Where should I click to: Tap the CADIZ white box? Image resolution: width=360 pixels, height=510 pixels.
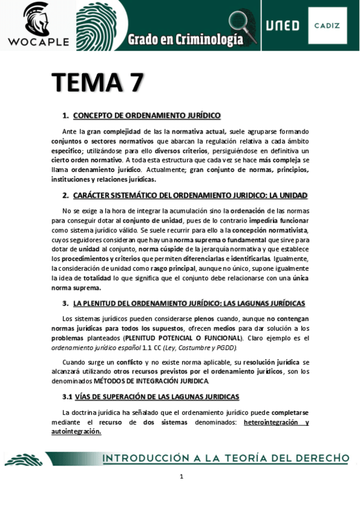pyautogui.click(x=327, y=25)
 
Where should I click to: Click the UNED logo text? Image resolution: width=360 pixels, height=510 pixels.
pyautogui.click(x=282, y=26)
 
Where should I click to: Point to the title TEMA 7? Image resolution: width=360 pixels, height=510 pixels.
pyautogui.click(x=96, y=83)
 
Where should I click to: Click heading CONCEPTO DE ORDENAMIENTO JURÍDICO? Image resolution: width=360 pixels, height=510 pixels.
pyautogui.click(x=147, y=115)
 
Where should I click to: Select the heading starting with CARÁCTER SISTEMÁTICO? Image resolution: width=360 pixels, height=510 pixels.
pyautogui.click(x=190, y=195)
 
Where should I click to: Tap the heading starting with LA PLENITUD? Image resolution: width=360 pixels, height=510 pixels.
pyautogui.click(x=189, y=303)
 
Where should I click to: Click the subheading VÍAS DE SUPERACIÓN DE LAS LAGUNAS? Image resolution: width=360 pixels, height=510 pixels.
pyautogui.click(x=157, y=396)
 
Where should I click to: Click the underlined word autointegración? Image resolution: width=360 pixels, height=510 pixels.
pyautogui.click(x=76, y=431)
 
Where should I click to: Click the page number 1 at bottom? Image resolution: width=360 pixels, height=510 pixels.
pyautogui.click(x=181, y=477)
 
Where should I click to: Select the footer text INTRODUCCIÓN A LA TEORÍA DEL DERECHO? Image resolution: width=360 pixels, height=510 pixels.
pyautogui.click(x=225, y=458)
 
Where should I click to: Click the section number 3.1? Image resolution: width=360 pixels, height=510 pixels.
pyautogui.click(x=67, y=396)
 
